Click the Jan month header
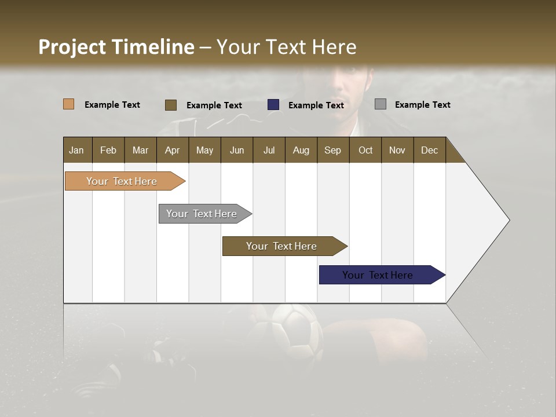(77, 150)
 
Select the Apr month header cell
(173, 150)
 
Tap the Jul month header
(269, 150)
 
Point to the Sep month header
(333, 150)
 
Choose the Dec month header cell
(429, 150)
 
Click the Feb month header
(108, 150)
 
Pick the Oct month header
(365, 150)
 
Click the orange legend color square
(69, 104)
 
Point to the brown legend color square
(171, 105)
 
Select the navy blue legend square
(273, 105)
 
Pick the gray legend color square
(381, 104)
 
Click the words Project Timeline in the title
(116, 47)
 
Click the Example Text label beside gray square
(422, 105)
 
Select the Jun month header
(237, 150)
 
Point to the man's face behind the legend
(348, 87)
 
